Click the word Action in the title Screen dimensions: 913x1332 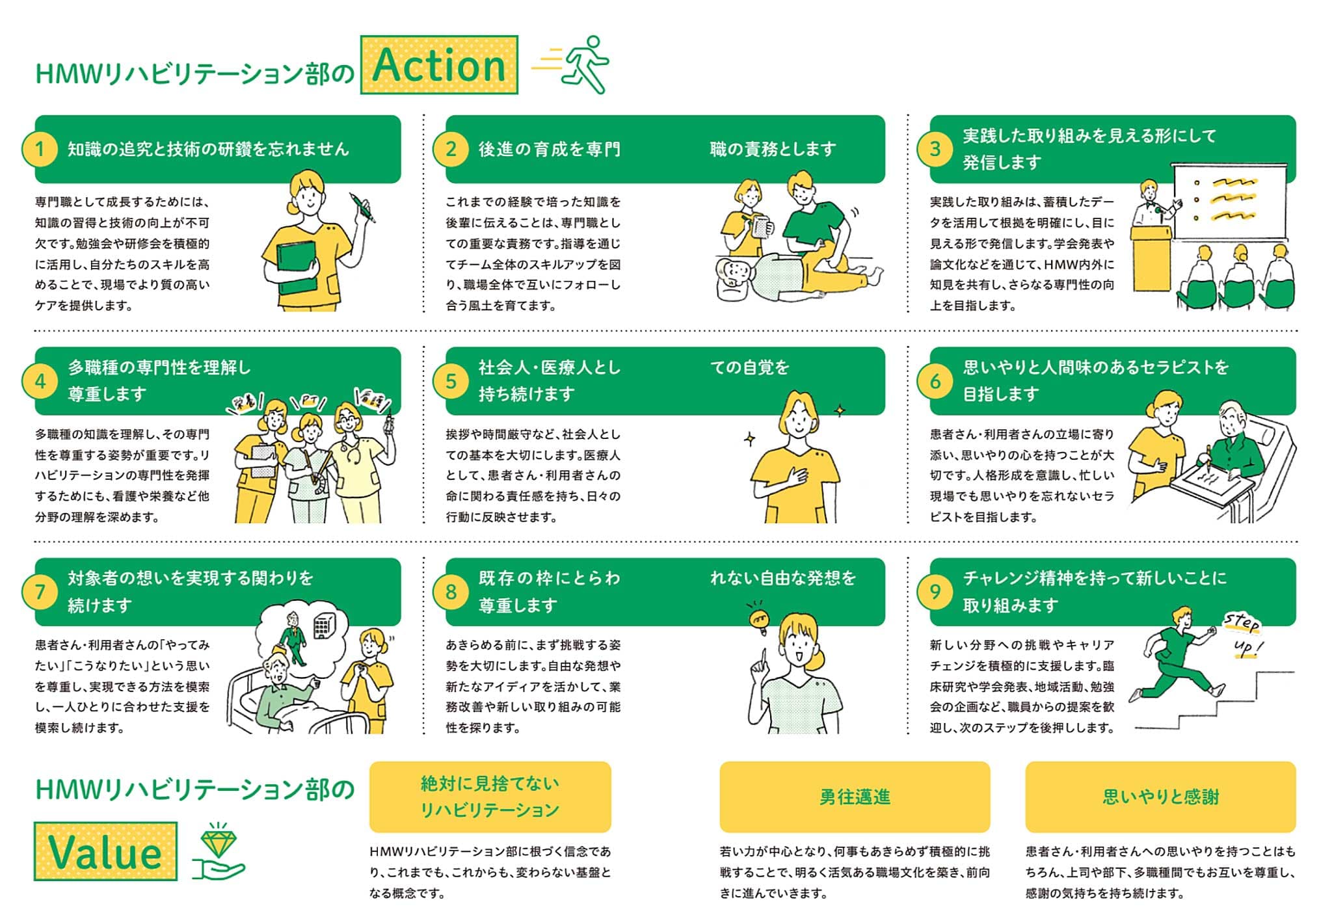[439, 66]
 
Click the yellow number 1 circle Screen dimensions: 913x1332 [40, 149]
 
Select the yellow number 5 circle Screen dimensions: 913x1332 [451, 381]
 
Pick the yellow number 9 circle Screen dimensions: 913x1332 [935, 592]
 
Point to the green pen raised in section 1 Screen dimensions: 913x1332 [362, 207]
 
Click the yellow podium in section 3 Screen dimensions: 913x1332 [1150, 257]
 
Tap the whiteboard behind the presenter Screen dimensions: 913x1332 [1229, 202]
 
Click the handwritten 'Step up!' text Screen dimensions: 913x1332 [1244, 634]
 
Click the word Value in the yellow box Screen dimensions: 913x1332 [105, 852]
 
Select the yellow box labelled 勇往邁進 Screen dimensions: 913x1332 [855, 797]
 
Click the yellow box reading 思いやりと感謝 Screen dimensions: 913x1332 [1160, 797]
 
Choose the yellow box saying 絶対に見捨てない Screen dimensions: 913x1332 [490, 797]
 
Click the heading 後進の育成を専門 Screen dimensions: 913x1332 [550, 149]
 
